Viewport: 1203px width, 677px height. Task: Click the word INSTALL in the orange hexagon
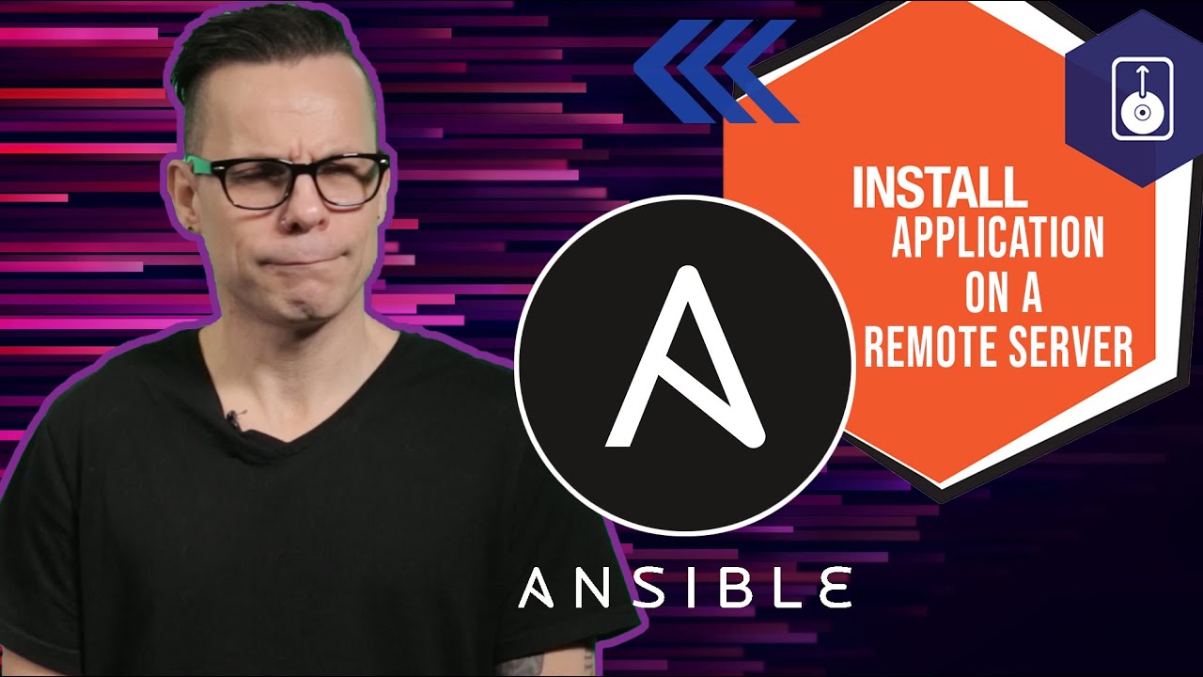(x=938, y=186)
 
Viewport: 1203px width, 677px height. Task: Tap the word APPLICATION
(x=997, y=240)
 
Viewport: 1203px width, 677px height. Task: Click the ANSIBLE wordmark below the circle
(x=685, y=587)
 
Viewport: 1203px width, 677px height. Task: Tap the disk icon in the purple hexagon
(x=1141, y=99)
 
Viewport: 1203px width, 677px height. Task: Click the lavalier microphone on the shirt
(x=232, y=416)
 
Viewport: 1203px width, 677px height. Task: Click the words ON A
(x=1003, y=293)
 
